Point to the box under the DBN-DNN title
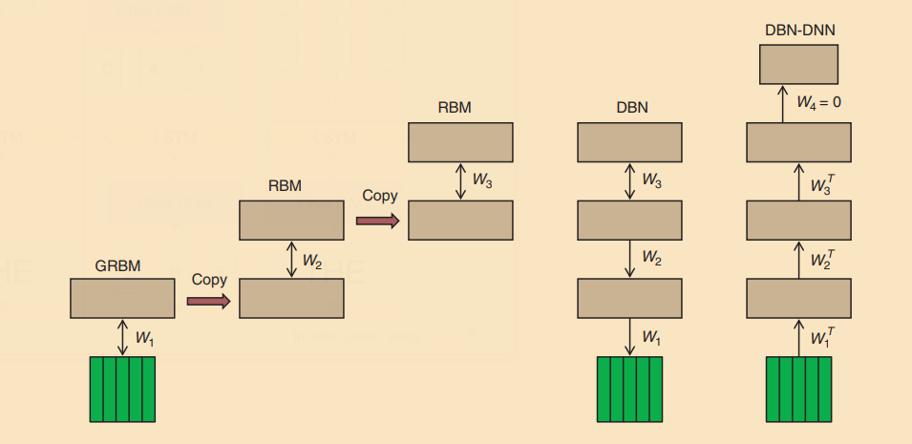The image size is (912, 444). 798,64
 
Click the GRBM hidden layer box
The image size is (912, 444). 122,298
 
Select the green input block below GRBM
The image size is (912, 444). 122,388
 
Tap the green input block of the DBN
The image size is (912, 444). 629,388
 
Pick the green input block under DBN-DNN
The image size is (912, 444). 798,388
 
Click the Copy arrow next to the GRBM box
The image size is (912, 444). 208,301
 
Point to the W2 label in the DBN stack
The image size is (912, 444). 651,258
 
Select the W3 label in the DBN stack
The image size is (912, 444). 651,180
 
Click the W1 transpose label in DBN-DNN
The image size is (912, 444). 821,336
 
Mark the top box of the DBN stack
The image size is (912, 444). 629,142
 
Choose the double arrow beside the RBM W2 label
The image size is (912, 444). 291,258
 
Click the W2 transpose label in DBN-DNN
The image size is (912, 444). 821,259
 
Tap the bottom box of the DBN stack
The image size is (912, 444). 629,298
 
